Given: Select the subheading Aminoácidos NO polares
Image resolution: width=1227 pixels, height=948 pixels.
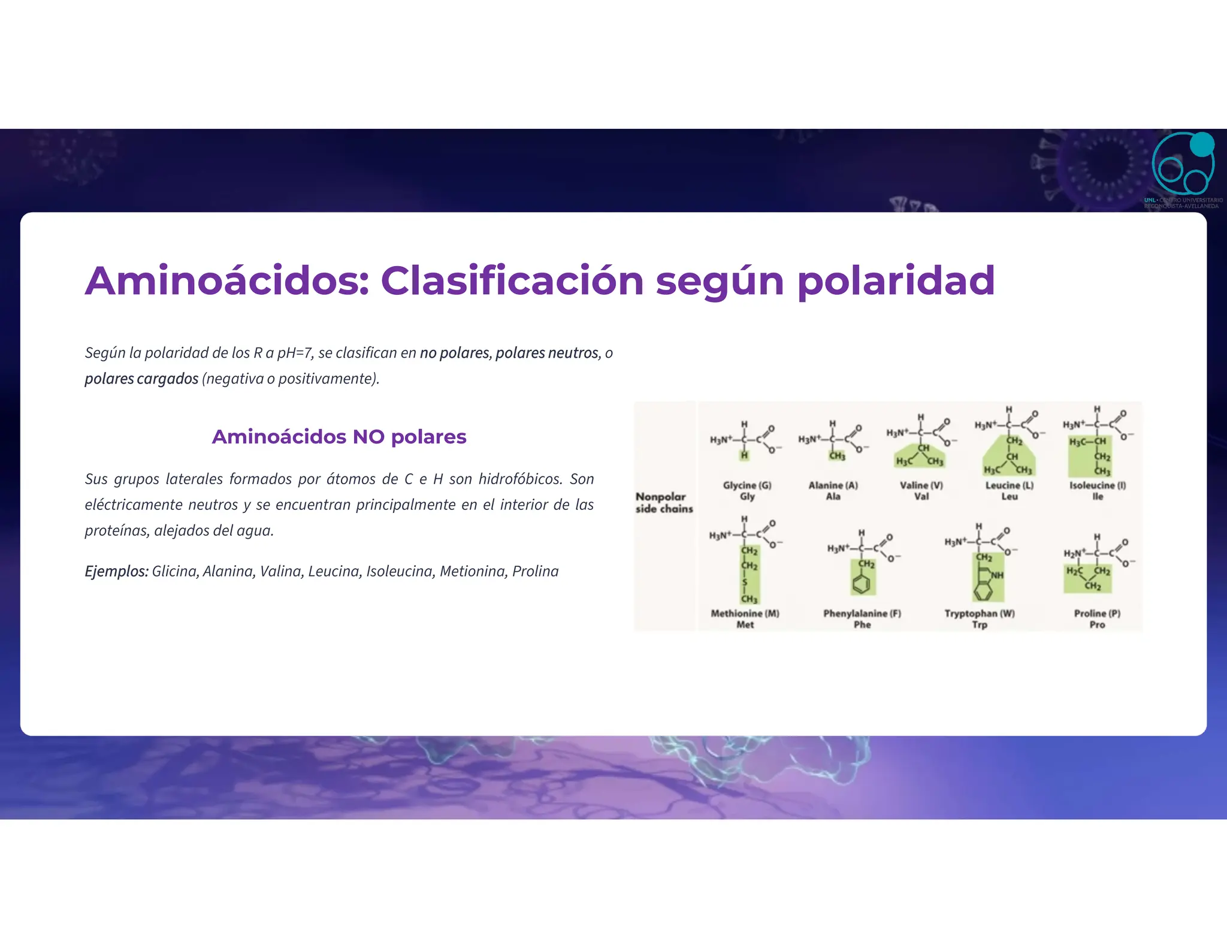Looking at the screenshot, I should point(339,437).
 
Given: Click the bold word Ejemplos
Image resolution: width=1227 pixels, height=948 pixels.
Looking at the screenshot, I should point(116,571).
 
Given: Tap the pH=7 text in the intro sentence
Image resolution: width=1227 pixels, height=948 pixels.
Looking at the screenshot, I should point(295,353).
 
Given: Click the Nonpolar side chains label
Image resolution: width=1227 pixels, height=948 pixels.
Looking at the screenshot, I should point(664,503).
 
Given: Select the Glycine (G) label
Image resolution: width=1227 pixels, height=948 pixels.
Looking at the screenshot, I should point(747,485).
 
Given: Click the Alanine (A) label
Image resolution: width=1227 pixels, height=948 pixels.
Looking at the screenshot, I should point(833,485).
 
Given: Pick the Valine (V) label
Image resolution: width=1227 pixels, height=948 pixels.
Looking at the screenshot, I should point(921,485).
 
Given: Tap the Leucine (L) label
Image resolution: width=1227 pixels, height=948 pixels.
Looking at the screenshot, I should point(1010,485).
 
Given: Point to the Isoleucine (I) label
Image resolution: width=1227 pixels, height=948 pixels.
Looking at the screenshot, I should point(1098,485).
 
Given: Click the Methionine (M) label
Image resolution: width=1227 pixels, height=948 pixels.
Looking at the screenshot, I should point(745,614).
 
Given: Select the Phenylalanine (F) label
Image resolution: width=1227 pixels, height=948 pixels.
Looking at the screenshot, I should point(862,614).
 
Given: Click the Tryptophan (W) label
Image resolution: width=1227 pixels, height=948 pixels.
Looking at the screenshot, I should point(980,614).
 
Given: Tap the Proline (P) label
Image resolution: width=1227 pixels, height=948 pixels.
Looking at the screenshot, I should point(1097,614).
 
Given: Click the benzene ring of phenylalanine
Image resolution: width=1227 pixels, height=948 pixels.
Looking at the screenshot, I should point(862,584).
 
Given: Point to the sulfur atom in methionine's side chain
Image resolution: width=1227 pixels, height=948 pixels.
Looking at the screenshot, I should point(745,582).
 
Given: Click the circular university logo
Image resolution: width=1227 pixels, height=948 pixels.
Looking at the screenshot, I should point(1183,165).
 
